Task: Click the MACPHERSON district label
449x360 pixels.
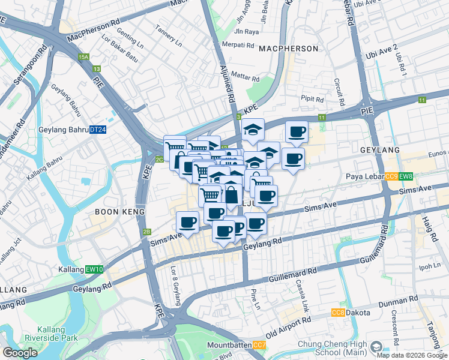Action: [288, 48]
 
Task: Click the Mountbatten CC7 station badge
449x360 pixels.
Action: [259, 345]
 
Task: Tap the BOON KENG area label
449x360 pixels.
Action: [120, 212]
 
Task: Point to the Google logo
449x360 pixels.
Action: [20, 353]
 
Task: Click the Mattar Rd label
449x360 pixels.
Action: [245, 78]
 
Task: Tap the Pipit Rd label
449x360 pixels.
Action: [312, 100]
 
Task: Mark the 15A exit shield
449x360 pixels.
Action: [83, 57]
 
